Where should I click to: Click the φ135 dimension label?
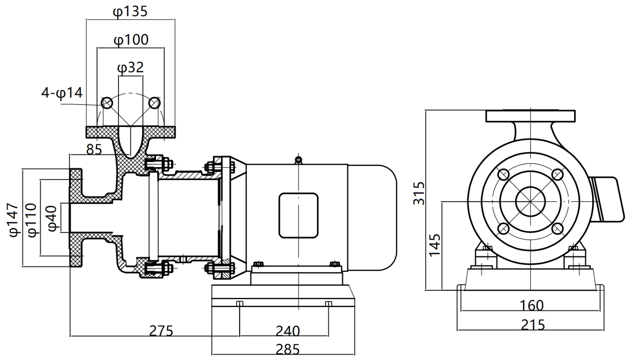tap(130, 11)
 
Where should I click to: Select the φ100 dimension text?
tap(131, 40)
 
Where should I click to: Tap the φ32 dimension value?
tap(131, 68)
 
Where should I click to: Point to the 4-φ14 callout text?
tap(62, 93)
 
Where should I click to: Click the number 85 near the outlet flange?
tap(94, 149)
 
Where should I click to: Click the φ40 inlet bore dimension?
tap(53, 219)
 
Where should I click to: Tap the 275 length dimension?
tap(161, 331)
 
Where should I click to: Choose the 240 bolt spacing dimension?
tap(287, 331)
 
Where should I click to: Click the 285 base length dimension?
tap(287, 349)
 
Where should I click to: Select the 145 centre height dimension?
tap(435, 245)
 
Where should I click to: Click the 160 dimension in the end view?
tap(531, 306)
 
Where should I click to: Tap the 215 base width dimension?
tap(533, 325)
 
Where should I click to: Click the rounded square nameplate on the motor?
tap(298, 215)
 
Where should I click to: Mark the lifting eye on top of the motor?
tap(298, 159)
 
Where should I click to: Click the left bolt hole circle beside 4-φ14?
tap(107, 102)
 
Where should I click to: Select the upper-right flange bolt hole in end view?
tap(557, 174)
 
